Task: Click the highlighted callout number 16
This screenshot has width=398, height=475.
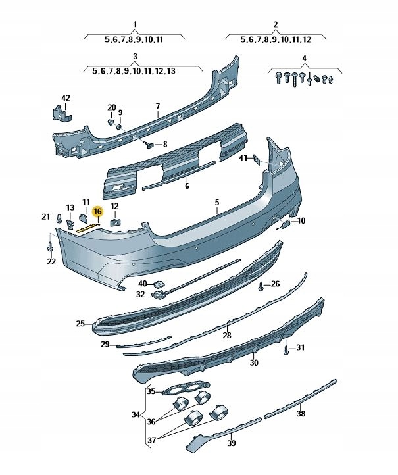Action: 97,211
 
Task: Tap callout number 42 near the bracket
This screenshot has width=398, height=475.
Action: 65,98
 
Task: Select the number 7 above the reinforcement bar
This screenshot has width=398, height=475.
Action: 158,106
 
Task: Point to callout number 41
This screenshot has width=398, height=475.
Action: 243,158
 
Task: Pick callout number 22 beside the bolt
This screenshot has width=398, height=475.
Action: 51,262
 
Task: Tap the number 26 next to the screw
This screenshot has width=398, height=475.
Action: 275,284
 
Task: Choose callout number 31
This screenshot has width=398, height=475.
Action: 301,347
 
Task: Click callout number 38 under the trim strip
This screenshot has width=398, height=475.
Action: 301,414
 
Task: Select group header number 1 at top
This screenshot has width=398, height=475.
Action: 135,24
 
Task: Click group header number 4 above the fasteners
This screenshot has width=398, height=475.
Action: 304,59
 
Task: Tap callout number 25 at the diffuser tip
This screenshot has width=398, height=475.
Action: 80,324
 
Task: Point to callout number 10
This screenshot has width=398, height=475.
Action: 301,221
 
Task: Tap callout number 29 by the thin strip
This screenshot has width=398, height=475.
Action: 105,344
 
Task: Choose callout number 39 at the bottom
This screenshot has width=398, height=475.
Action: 232,443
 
